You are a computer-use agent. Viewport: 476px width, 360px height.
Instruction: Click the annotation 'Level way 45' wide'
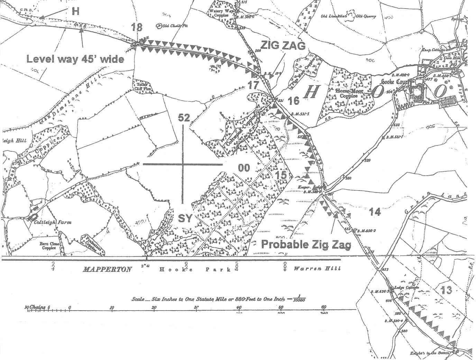tap(75, 59)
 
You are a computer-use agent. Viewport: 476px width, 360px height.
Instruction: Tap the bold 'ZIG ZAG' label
tap(283, 45)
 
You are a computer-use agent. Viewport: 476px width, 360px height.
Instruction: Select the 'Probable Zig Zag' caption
tap(306, 244)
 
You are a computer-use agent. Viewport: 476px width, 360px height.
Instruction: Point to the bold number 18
tap(137, 28)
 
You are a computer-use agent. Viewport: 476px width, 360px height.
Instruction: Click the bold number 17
tap(254, 85)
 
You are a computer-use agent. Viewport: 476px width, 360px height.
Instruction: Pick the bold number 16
tap(293, 101)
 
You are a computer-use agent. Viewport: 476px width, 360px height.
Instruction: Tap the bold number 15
tap(281, 175)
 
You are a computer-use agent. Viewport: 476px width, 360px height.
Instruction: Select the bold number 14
tap(375, 212)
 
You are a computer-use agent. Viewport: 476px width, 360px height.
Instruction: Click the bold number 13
tap(446, 290)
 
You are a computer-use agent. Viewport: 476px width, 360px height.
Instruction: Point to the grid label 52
tap(184, 118)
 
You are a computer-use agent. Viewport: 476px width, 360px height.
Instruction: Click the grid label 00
tap(244, 168)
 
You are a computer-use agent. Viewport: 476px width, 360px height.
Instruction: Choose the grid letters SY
tap(185, 218)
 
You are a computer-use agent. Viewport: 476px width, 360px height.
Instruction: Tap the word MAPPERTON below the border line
tap(107, 269)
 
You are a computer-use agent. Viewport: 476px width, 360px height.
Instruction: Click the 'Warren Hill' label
tap(317, 269)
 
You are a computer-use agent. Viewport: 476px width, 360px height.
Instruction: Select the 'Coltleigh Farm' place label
tap(53, 222)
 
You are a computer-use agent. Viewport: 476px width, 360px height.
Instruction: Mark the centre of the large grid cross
tap(183, 164)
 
